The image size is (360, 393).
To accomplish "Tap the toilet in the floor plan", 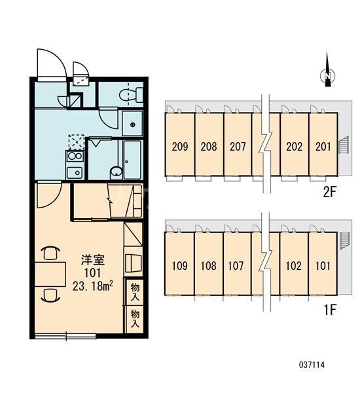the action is coord(130,95).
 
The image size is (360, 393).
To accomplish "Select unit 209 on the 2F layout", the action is coord(180,146).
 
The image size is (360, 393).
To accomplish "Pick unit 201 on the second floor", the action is coord(323,146).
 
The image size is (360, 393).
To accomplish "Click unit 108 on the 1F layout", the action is coord(208,266).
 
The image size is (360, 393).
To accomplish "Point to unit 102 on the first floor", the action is coord(294,266).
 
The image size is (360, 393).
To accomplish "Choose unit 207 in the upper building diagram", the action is coord(238,146).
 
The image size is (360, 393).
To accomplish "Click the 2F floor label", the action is coord(329,192).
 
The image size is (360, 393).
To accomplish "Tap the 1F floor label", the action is coord(330,310).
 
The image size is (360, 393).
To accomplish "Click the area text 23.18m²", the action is coord(92,286).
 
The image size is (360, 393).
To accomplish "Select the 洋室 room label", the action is coord(92,260).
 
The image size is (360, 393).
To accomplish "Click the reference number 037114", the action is coord(312,365).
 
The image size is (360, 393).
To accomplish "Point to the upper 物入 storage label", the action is coord(135,291).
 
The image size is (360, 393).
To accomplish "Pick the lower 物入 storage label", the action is coord(135,318).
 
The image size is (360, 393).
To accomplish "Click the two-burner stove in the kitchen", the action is coord(75,156).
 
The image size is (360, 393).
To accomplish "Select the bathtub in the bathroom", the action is coord(132,160).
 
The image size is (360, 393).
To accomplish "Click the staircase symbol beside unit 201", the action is coord(344,145).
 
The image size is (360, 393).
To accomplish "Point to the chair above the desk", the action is coord(50,253).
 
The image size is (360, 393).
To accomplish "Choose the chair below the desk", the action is coord(50,295).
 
